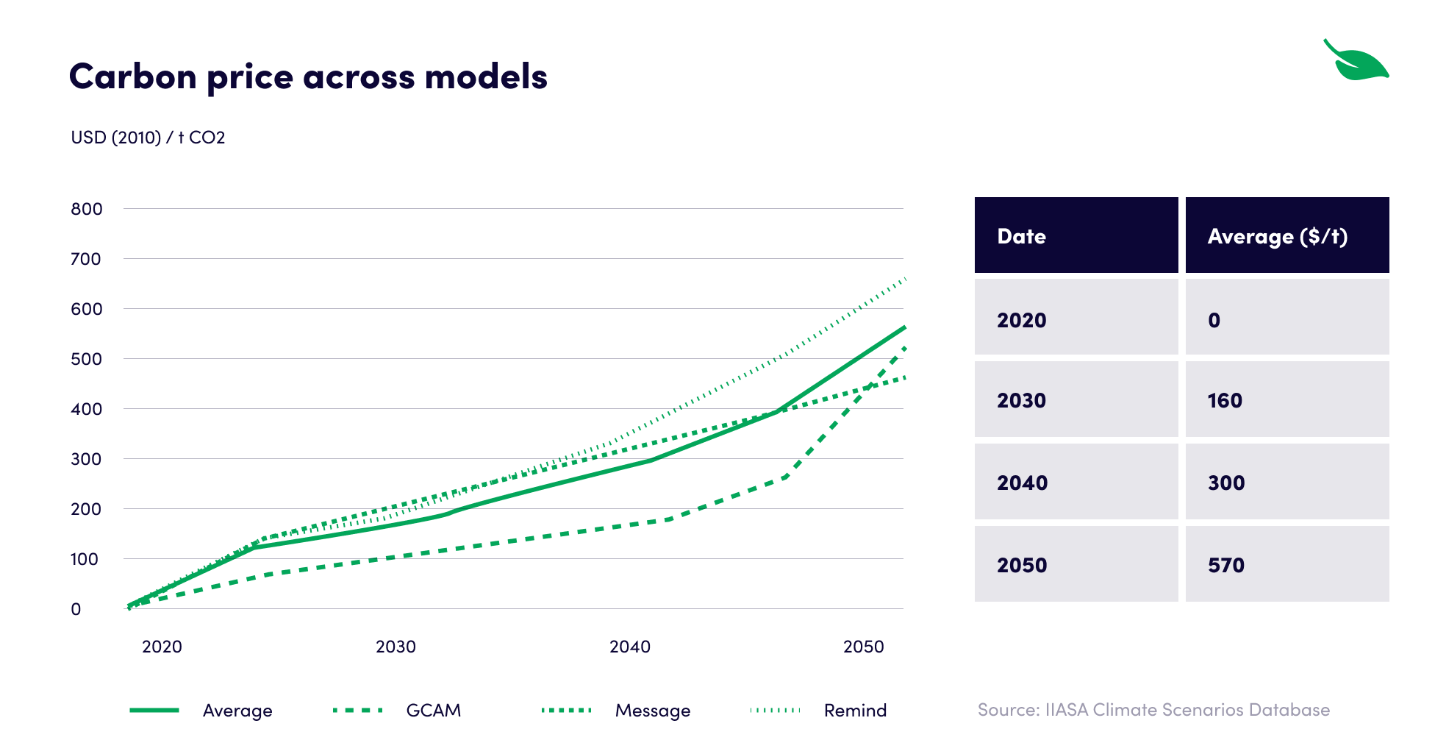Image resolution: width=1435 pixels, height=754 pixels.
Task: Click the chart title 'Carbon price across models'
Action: pos(308,77)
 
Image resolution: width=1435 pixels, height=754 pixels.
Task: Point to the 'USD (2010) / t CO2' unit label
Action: pos(148,138)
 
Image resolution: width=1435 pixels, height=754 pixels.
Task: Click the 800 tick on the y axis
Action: pos(86,209)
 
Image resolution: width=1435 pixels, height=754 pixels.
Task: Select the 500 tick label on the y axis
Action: pos(86,359)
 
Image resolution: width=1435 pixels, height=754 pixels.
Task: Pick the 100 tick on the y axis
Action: pos(85,559)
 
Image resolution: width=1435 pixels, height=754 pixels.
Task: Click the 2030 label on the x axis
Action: pos(396,647)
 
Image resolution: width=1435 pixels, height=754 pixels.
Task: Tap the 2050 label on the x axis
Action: pos(863,647)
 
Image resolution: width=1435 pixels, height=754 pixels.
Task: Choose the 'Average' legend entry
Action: pos(237,711)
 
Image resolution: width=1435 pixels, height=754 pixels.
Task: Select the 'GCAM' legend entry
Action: pos(433,711)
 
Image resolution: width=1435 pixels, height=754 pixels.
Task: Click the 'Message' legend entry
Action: pos(652,711)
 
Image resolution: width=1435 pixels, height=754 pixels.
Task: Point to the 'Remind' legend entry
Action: pos(854,711)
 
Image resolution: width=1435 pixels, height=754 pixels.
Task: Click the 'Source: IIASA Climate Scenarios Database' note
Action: pos(1153,710)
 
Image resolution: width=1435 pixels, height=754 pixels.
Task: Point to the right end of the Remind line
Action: pos(906,279)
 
